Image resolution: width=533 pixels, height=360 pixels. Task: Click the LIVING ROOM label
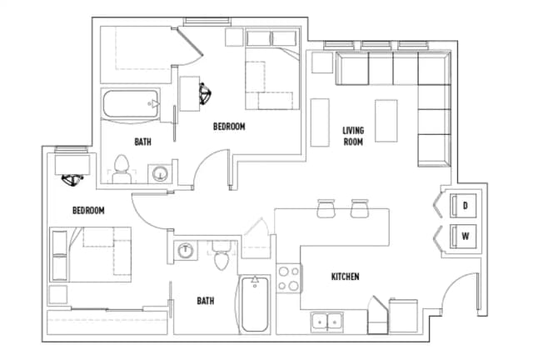(353, 136)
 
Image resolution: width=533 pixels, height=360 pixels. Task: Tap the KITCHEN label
(345, 277)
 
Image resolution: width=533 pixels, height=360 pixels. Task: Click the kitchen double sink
(326, 321)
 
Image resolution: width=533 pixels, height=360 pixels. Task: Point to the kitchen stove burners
(288, 278)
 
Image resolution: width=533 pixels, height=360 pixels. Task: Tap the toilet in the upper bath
(122, 167)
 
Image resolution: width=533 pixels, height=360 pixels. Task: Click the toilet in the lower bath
(221, 257)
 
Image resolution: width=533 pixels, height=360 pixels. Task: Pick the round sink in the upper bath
(159, 173)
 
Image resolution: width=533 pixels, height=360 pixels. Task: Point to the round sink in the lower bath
(186, 248)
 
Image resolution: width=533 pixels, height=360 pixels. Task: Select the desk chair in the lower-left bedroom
(72, 176)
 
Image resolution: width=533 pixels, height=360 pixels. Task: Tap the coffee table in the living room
(386, 121)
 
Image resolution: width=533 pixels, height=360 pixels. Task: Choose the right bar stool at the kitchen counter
(359, 208)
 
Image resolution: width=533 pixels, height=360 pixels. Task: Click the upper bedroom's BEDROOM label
(229, 127)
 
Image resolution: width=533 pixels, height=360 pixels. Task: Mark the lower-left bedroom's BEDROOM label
(88, 211)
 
